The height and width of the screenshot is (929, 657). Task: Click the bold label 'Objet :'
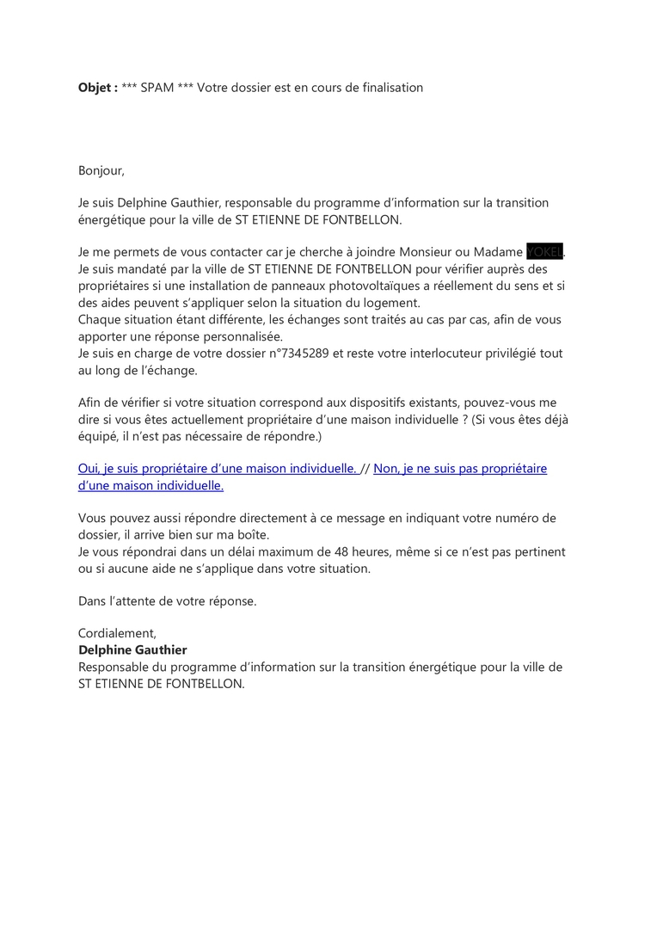[98, 88]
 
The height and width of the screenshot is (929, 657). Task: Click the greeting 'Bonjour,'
[101, 170]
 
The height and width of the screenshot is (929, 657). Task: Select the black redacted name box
[544, 252]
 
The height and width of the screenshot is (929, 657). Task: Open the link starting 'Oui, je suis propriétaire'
[218, 469]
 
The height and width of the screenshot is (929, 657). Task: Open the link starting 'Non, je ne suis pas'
[460, 469]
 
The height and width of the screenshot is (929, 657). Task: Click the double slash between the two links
[365, 469]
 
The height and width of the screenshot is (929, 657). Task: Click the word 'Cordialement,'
[117, 634]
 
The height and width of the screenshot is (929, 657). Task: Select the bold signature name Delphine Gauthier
[132, 650]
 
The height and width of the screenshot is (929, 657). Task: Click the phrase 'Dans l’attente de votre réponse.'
[168, 601]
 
